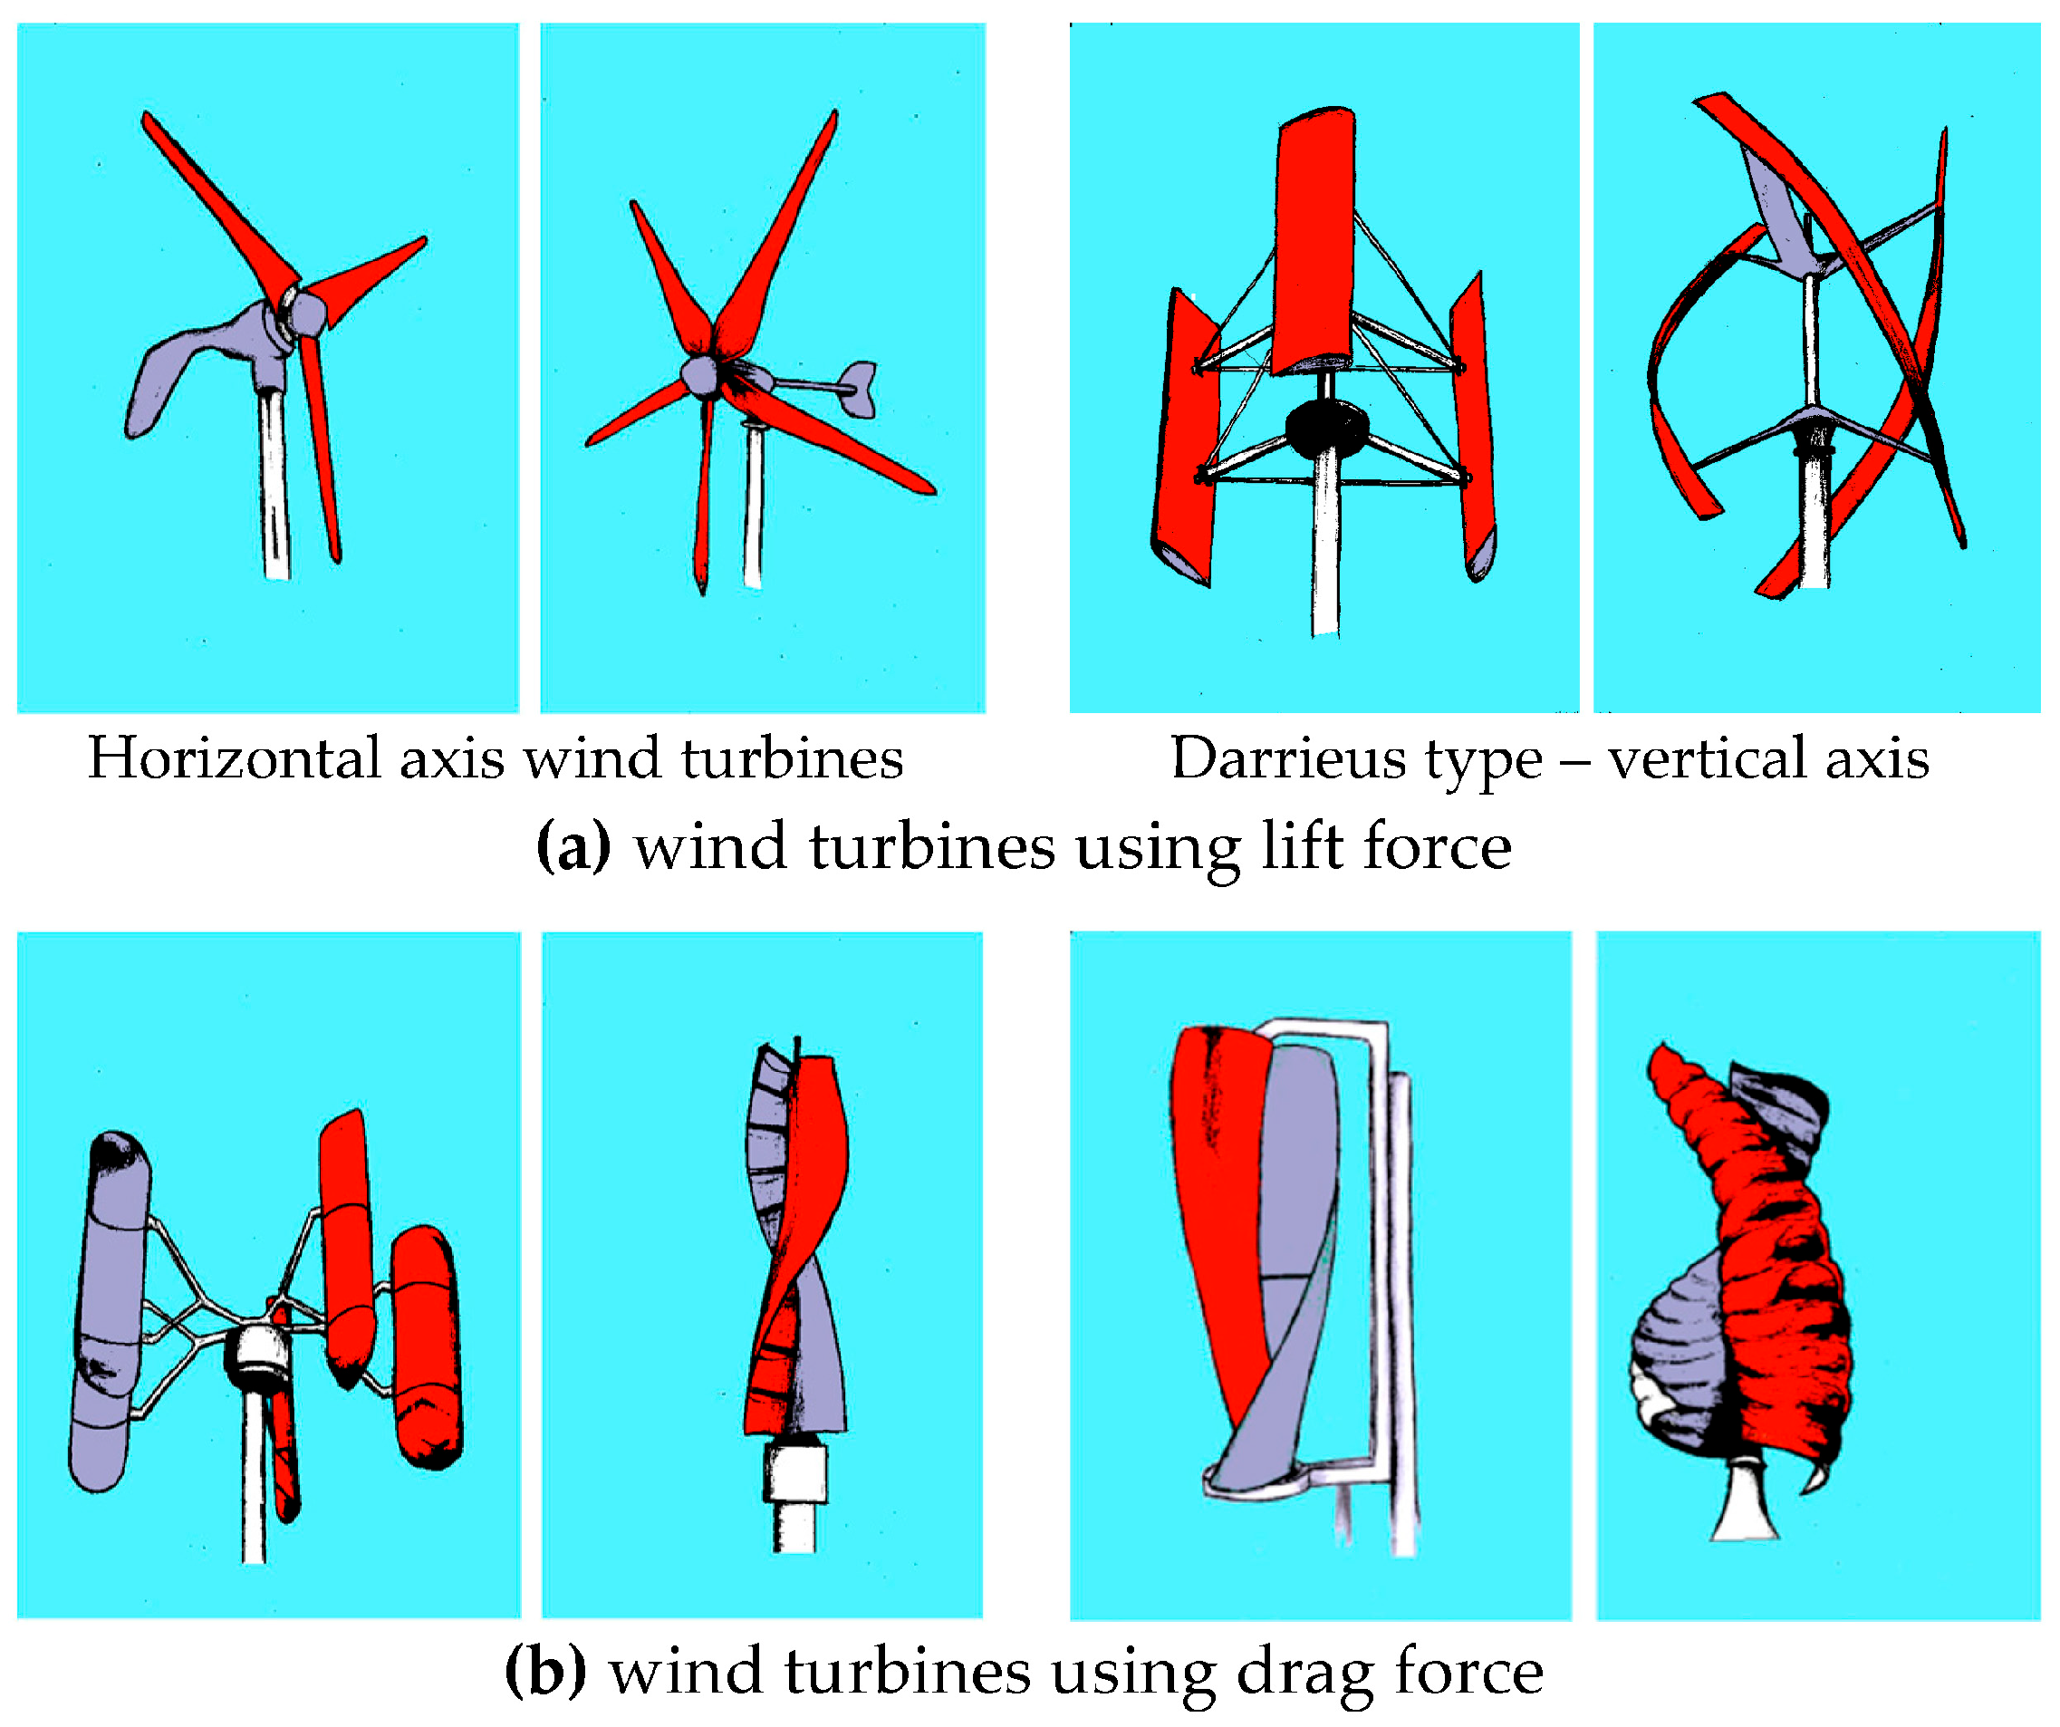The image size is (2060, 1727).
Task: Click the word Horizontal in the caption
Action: tap(235, 758)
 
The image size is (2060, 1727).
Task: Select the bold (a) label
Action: tap(573, 846)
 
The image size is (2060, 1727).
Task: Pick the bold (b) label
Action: tap(544, 1671)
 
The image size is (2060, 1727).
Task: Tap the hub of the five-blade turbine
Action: tap(700, 376)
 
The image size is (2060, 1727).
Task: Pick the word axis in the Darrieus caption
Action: tap(1877, 758)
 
